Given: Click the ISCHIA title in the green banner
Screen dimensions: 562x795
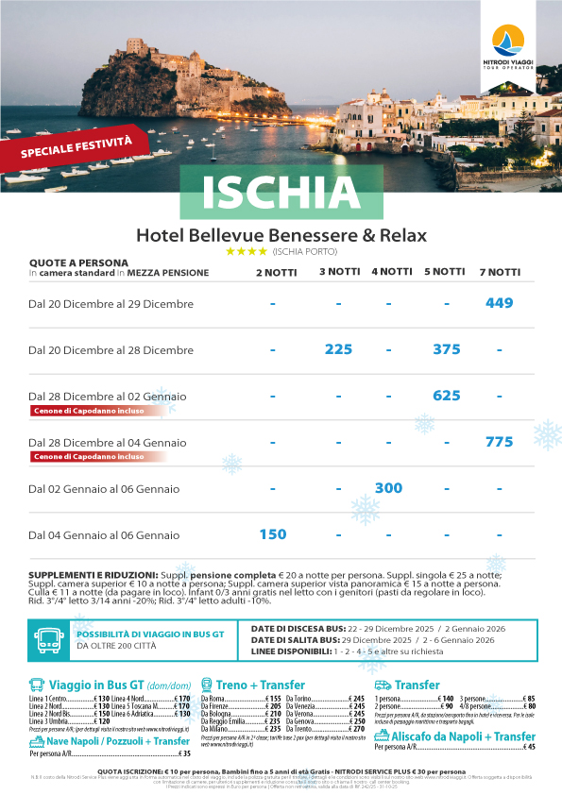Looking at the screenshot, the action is [281, 193].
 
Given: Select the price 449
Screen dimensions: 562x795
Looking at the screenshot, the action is [499, 303].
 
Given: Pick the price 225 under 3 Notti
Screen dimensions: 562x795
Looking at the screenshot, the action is [338, 349].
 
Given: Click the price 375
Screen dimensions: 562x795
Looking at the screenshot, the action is [446, 349].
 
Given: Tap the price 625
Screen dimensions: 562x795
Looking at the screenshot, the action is [446, 396].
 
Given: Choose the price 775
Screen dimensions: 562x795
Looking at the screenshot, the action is [499, 442].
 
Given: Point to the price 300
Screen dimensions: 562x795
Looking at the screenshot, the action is [388, 488].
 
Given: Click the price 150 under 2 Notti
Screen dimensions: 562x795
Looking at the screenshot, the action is [272, 534].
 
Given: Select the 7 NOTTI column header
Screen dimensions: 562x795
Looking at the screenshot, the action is [500, 272].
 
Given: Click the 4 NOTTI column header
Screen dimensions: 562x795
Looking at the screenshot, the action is [391, 272].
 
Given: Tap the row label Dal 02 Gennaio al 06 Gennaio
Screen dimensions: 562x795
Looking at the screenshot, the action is [103, 489].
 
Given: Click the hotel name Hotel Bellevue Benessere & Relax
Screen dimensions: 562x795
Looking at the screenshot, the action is [281, 235].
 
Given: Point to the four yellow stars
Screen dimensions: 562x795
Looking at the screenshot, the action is [247, 252].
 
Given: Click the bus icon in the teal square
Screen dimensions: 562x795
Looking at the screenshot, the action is [46, 639].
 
